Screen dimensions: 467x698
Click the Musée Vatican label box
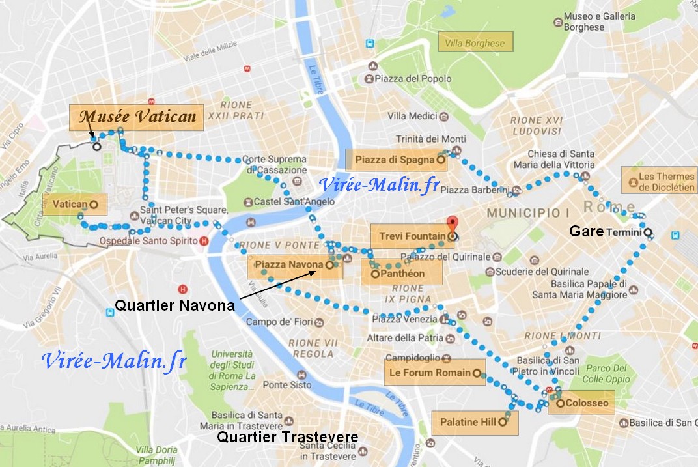coord(137,117)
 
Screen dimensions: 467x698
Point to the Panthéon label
coord(402,274)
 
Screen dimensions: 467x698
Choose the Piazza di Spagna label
coord(396,158)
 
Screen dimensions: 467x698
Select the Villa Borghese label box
coord(475,44)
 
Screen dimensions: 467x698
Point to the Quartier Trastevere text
coord(288,437)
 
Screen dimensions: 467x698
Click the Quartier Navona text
coord(174,305)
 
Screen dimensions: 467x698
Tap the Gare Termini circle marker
coord(648,233)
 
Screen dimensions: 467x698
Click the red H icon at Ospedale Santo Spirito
coord(204,241)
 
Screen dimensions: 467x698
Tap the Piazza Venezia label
coord(405,319)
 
